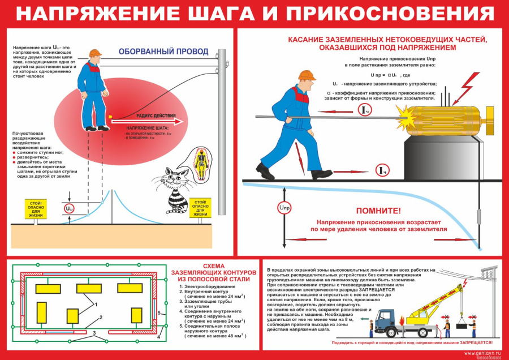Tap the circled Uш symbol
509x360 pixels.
pyautogui.click(x=70, y=209)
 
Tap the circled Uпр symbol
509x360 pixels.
pyautogui.click(x=284, y=208)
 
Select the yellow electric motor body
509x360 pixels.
pyautogui.click(x=447, y=116)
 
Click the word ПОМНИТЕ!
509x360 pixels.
pyautogui.click(x=379, y=211)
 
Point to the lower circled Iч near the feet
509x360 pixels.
pyautogui.click(x=382, y=170)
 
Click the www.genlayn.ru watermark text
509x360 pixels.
pyautogui.click(x=484, y=353)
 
